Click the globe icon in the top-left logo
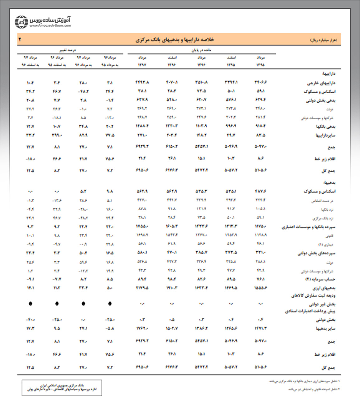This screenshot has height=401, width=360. tap(21, 22)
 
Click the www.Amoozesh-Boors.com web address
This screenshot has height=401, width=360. tap(50, 26)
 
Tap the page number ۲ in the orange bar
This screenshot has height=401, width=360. tap(21, 40)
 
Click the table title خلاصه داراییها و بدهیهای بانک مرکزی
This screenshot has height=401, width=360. tap(175, 40)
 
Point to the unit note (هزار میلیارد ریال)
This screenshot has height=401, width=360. tap(324, 40)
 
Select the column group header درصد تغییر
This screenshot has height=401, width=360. tap(68, 50)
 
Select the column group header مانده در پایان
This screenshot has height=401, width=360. tap(201, 50)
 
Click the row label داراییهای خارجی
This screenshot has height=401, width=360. tap(321, 83)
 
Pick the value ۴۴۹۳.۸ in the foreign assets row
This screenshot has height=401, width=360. tap(142, 83)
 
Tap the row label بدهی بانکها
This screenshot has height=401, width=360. tap(325, 127)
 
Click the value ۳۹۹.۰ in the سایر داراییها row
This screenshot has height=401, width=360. tap(57, 135)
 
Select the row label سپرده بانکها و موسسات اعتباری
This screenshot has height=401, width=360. tap(309, 227)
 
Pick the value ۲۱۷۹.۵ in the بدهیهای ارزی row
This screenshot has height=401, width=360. tap(142, 288)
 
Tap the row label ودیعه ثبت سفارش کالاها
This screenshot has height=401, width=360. tap(313, 295)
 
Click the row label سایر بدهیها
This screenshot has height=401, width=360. tap(326, 328)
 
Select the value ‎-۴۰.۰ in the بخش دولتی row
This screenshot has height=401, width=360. tap(30, 320)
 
